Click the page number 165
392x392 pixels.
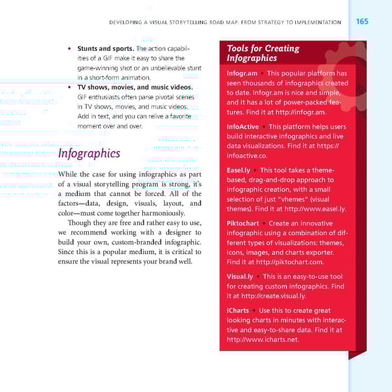pyautogui.click(x=362, y=22)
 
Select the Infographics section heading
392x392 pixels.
pyautogui.click(x=89, y=154)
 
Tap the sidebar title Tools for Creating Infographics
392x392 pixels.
pyautogui.click(x=263, y=53)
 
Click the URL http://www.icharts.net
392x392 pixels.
pyautogui.click(x=263, y=340)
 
